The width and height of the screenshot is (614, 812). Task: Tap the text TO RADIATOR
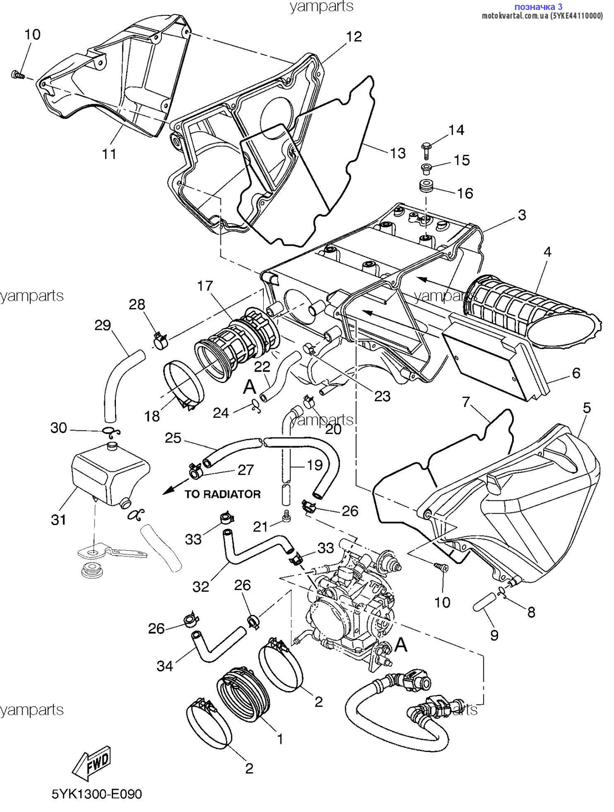click(x=223, y=494)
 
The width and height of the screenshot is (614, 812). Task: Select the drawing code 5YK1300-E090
click(x=97, y=794)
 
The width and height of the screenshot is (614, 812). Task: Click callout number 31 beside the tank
click(x=59, y=520)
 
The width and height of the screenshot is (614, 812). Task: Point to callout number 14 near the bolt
click(x=456, y=130)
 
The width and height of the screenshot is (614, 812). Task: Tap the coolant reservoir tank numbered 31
click(x=110, y=474)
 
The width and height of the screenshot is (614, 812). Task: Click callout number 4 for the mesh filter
click(x=547, y=252)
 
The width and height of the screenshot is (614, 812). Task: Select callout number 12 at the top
click(x=354, y=37)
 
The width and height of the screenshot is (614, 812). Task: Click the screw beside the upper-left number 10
click(x=17, y=75)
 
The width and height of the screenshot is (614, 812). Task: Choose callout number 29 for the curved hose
click(x=103, y=325)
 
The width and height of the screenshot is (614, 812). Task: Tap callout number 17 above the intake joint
click(x=205, y=286)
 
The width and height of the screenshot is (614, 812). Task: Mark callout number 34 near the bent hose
click(x=165, y=665)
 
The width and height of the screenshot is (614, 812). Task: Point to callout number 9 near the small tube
click(x=495, y=635)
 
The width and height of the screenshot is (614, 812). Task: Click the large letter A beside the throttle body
click(x=400, y=645)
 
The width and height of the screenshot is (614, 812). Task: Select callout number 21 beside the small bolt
click(x=261, y=526)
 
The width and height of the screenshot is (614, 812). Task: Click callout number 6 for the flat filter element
click(x=576, y=373)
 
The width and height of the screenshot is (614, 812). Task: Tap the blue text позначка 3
click(x=538, y=7)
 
